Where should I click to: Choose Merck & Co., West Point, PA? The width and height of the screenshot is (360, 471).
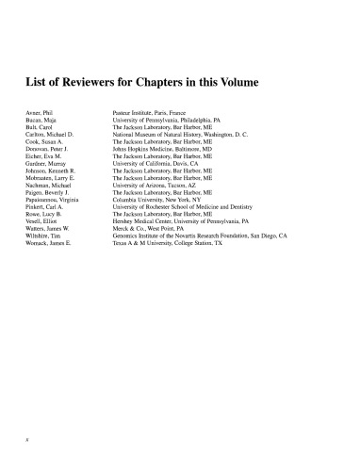(x=150, y=235)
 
